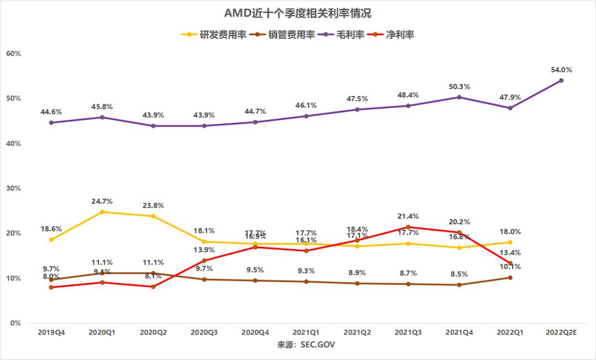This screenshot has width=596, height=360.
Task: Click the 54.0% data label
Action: [x=561, y=70]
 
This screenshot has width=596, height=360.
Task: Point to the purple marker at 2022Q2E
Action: [x=561, y=81]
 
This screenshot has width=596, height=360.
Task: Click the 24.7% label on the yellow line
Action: [x=102, y=202]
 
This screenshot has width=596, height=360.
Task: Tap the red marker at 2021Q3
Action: [x=408, y=227]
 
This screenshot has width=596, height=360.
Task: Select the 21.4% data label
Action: [x=408, y=216]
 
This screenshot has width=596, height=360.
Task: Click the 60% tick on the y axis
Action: [x=13, y=54]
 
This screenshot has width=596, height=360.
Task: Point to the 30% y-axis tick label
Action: [x=13, y=188]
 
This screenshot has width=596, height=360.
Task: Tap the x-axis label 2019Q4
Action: [x=51, y=333]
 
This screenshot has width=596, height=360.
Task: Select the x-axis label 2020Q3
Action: [x=204, y=333]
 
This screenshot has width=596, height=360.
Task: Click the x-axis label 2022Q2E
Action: [x=561, y=333]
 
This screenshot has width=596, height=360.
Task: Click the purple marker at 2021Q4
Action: [x=459, y=97]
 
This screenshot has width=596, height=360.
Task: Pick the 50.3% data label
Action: [x=459, y=87]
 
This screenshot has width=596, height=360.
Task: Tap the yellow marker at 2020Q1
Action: [x=102, y=212]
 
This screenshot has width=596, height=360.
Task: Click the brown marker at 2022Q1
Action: [x=510, y=278]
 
